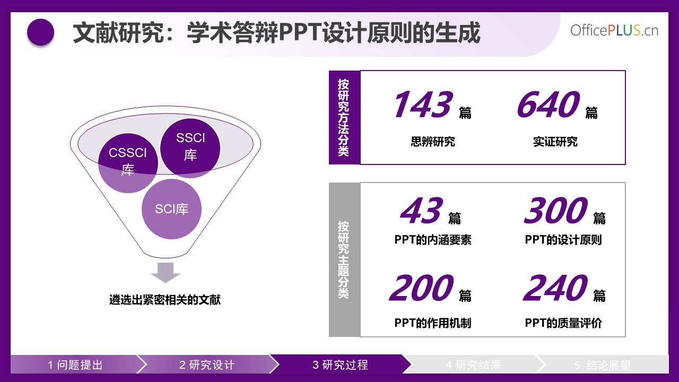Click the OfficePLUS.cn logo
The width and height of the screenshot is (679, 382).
[x=614, y=30]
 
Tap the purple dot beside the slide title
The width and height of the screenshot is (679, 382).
[x=41, y=32]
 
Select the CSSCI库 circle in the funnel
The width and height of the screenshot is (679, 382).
[x=128, y=163]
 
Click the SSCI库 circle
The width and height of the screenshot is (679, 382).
[x=190, y=148]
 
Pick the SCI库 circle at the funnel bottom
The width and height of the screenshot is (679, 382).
[x=171, y=209]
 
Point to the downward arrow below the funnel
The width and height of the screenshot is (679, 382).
[x=166, y=273]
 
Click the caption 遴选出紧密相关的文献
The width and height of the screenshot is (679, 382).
[x=165, y=300]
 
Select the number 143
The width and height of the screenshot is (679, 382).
[x=423, y=105]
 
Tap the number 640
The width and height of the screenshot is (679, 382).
[x=549, y=105]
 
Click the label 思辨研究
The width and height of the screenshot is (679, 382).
[x=433, y=142]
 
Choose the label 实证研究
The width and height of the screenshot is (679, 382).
[x=555, y=142]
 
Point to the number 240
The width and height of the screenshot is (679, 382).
[x=555, y=287]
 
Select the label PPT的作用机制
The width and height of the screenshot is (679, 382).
[x=433, y=323]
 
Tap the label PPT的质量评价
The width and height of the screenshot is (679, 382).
[x=563, y=323]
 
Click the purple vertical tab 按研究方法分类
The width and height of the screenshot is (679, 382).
[x=345, y=118]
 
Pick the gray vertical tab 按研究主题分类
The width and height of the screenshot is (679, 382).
[x=345, y=259]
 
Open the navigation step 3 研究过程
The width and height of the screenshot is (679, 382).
[x=341, y=364]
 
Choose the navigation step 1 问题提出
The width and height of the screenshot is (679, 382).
[x=75, y=364]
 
